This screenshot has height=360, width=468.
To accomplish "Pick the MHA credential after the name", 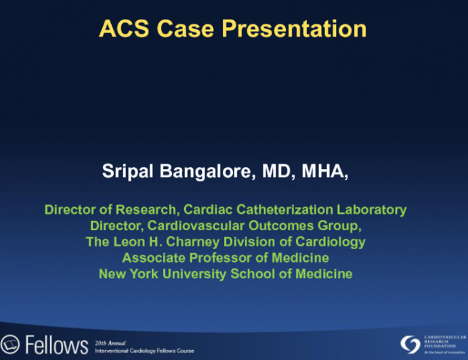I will pos(324,172).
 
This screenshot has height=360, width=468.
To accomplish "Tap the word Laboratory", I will pos(372,210).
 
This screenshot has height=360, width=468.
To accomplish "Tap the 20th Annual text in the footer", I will pos(110,342).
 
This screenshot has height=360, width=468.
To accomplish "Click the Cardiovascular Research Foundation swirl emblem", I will pos(410,344).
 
